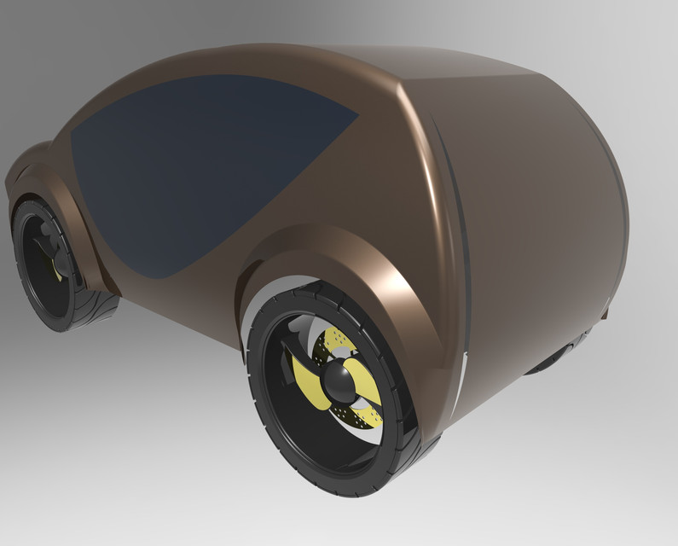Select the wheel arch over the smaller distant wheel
pos(51,183)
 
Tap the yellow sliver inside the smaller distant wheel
pos(57,269)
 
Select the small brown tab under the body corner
pos(605,314)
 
